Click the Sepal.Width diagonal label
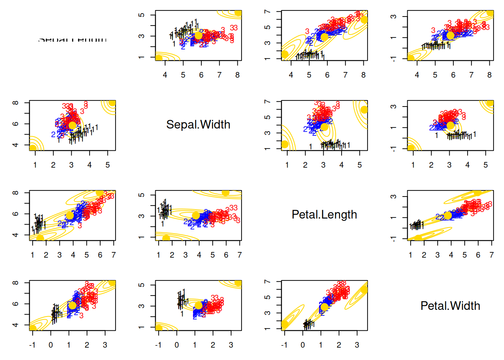pyautogui.click(x=198, y=124)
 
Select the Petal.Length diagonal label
pyautogui.click(x=324, y=214)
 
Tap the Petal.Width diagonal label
pyautogui.click(x=450, y=306)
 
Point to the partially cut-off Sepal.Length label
pyautogui.click(x=72, y=39)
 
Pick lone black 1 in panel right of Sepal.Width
pyautogui.click(x=310, y=146)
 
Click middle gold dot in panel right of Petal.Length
pyautogui.click(x=448, y=216)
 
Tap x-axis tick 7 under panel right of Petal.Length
pyautogui.click(x=491, y=255)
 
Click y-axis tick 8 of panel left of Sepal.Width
pyautogui.click(x=15, y=103)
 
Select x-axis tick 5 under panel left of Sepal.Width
pyautogui.click(x=108, y=165)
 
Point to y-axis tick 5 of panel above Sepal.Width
pyautogui.click(x=141, y=15)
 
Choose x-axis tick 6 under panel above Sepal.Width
pyautogui.click(x=201, y=75)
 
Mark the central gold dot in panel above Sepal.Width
pyautogui.click(x=198, y=36)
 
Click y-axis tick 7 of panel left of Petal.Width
pyautogui.click(x=267, y=282)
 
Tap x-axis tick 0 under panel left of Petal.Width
pyautogui.click(x=303, y=345)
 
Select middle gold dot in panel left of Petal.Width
pyautogui.click(x=324, y=307)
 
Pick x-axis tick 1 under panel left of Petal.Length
pyautogui.click(x=159, y=255)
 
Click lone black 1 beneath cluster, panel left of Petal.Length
pyautogui.click(x=162, y=224)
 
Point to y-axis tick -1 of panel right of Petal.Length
pyautogui.click(x=393, y=239)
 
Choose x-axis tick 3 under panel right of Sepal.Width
pyautogui.click(x=323, y=165)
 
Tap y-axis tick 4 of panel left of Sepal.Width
pyautogui.click(x=15, y=145)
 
